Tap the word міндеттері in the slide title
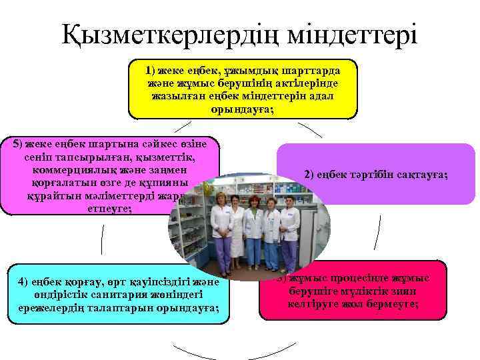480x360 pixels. tap(353, 33)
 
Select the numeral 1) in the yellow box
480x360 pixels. tap(151, 70)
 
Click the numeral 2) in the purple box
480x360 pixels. tap(309, 175)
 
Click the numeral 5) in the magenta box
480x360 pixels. tap(13, 144)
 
